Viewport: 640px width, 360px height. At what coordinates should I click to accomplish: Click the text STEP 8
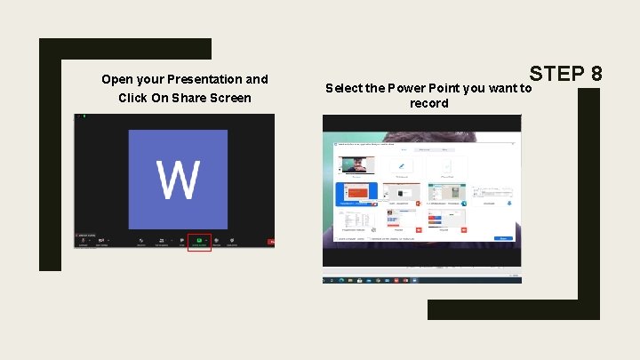[x=565, y=73]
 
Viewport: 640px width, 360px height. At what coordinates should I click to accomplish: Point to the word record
[x=429, y=103]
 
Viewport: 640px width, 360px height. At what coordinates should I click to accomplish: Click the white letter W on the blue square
[x=178, y=180]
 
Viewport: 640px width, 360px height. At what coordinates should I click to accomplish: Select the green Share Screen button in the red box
[x=199, y=240]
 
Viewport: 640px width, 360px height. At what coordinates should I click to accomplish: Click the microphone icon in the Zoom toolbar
[x=84, y=240]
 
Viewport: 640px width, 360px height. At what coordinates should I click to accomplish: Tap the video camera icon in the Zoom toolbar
[x=103, y=240]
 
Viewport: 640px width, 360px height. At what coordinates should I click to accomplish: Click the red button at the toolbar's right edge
[x=271, y=241]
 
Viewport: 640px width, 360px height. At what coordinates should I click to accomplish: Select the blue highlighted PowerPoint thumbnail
[x=356, y=193]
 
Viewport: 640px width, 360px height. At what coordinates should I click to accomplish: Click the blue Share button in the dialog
[x=504, y=238]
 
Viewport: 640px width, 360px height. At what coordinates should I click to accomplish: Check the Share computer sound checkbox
[x=339, y=238]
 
